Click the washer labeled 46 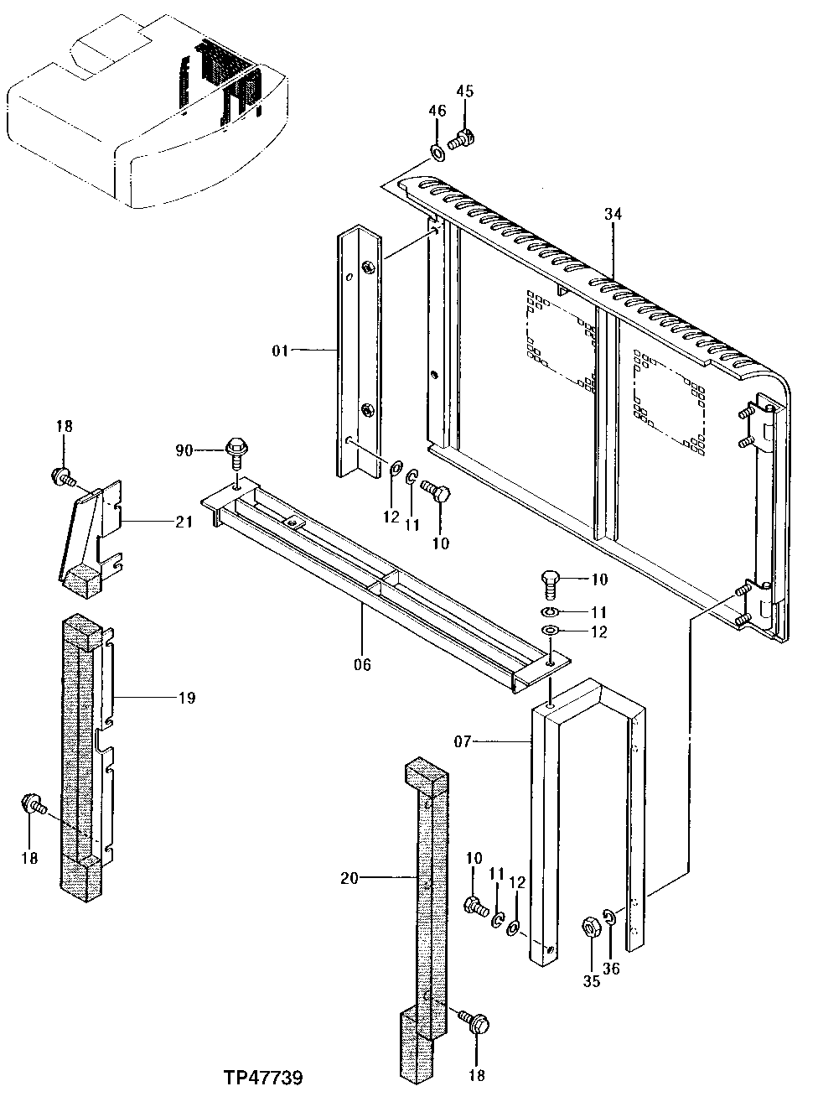click(x=437, y=152)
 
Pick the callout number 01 click(x=278, y=351)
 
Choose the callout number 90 click(x=184, y=450)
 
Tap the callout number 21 click(x=184, y=522)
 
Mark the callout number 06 click(x=361, y=665)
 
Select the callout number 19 click(x=185, y=697)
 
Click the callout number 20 click(x=349, y=878)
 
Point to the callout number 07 click(x=463, y=741)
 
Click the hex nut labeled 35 click(x=590, y=928)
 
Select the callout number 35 click(x=592, y=982)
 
